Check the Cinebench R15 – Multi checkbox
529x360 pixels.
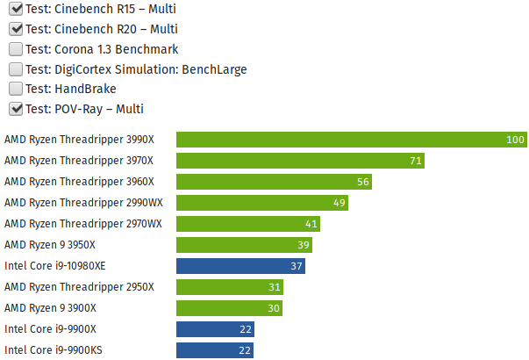pyautogui.click(x=16, y=10)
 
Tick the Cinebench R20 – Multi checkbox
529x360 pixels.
pyautogui.click(x=16, y=29)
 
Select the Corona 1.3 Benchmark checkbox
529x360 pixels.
pyautogui.click(x=16, y=49)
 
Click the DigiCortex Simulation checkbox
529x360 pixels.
pyautogui.click(x=16, y=69)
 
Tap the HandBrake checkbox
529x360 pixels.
pyautogui.click(x=16, y=89)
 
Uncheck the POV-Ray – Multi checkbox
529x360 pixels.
pyautogui.click(x=16, y=109)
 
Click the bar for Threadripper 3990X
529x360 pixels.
pyautogui.click(x=351, y=140)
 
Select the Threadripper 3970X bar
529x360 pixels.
pyautogui.click(x=300, y=161)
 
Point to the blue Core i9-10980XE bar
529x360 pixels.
pyautogui.click(x=240, y=266)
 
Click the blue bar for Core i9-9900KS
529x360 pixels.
pyautogui.click(x=215, y=350)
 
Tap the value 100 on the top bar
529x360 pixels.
pyautogui.click(x=515, y=140)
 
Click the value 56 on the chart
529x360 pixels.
pyautogui.click(x=363, y=182)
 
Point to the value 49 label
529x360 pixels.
pyautogui.click(x=340, y=203)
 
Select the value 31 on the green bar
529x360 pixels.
pyautogui.click(x=275, y=287)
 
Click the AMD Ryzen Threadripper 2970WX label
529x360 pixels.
pyautogui.click(x=83, y=224)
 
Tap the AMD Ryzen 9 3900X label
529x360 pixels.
pyautogui.click(x=50, y=308)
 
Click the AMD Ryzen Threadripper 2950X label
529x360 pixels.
pyautogui.click(x=79, y=287)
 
